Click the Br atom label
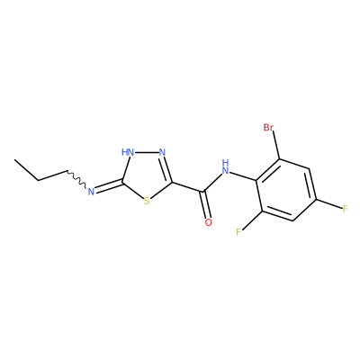point(268,128)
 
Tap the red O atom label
point(209,222)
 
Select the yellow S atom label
point(147,201)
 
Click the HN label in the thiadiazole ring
point(128,152)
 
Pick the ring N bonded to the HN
point(162,152)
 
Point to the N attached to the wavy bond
point(91,191)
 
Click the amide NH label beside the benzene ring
point(225,167)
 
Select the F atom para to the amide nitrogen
point(345,209)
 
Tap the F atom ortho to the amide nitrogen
point(238,232)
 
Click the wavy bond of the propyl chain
point(76,179)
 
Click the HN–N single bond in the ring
point(147,152)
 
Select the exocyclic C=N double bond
point(109,185)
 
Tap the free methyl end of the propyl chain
point(15,160)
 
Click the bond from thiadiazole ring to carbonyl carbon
point(188,186)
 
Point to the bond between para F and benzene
point(329,203)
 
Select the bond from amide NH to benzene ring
point(243,175)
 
